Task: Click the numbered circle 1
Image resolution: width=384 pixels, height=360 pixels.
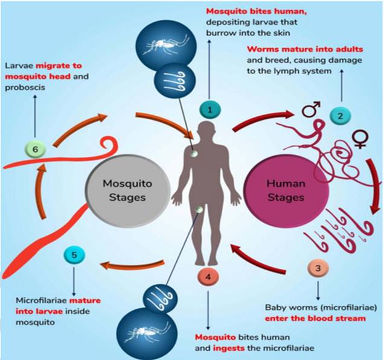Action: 210,109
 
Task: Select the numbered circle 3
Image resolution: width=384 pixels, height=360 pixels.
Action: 317,267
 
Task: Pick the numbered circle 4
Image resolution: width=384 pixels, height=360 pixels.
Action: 208,277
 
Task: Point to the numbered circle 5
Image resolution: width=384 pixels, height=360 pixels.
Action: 74,256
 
